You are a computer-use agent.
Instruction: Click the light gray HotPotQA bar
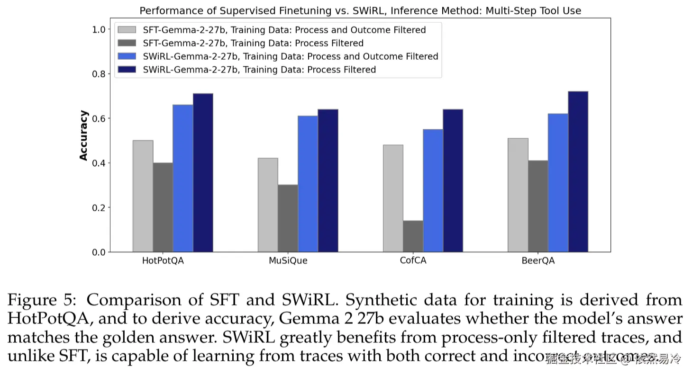point(143,196)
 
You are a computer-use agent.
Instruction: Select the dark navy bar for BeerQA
point(578,171)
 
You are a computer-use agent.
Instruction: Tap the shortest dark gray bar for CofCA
point(413,236)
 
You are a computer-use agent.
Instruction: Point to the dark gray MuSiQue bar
point(288,218)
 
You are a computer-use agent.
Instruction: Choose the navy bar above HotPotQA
point(203,173)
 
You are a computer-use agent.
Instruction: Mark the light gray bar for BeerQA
point(518,195)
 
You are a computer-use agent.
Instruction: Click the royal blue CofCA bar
point(433,190)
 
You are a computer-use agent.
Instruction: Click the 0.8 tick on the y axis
point(98,74)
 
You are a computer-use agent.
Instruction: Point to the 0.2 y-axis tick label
point(98,207)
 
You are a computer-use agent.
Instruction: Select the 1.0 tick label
point(98,29)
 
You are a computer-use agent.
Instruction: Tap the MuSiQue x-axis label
point(288,261)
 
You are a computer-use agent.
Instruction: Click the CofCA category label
point(413,261)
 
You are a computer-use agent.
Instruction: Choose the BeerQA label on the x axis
point(538,261)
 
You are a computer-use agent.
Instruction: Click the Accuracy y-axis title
point(84,135)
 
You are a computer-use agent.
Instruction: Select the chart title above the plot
point(360,10)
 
